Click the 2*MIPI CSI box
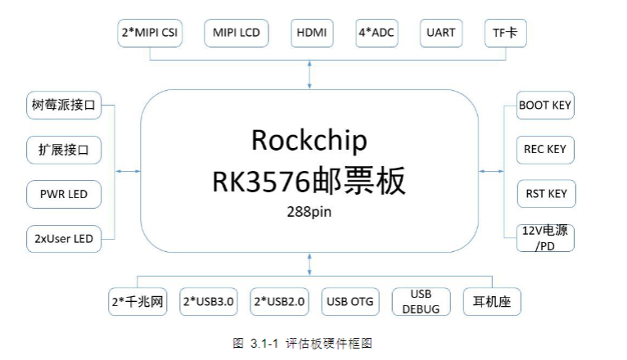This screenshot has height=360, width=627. (150, 34)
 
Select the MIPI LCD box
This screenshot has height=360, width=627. (237, 34)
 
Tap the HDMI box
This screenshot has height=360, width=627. (312, 34)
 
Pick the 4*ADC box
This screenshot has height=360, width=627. (377, 34)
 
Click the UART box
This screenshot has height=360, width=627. (441, 34)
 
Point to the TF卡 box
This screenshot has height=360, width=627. (505, 34)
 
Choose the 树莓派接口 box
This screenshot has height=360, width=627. (64, 105)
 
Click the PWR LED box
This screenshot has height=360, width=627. (64, 194)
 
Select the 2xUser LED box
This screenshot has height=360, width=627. (64, 239)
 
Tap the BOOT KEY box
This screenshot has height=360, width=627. (545, 105)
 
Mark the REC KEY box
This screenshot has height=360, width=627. (545, 150)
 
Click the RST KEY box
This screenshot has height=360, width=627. (547, 194)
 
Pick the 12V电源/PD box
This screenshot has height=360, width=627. (545, 238)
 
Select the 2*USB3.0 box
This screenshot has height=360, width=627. (209, 302)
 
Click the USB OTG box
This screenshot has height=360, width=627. (350, 302)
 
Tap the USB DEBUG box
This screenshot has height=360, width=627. (421, 302)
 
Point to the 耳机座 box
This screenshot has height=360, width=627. (492, 302)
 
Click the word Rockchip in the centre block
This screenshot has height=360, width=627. (309, 141)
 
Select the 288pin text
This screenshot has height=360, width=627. (309, 212)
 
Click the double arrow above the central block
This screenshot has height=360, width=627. (309, 74)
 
